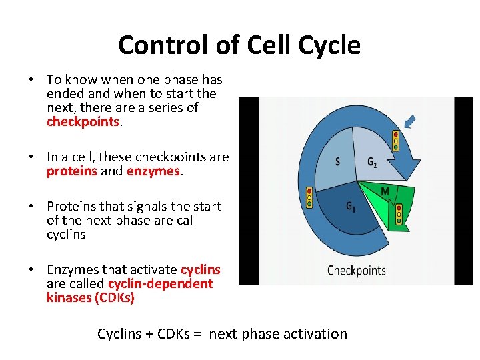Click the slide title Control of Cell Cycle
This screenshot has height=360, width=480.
click(x=239, y=45)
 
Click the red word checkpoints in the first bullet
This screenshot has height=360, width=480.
click(x=83, y=122)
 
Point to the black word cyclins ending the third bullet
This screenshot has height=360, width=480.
click(x=66, y=235)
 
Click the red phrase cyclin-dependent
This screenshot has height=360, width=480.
click(x=160, y=284)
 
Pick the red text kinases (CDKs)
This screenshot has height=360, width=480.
click(x=91, y=298)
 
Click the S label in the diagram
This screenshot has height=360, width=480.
click(x=338, y=161)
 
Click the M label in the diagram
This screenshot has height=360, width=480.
click(x=385, y=191)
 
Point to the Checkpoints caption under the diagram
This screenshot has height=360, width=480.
click(x=357, y=271)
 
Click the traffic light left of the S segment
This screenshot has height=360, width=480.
click(x=309, y=197)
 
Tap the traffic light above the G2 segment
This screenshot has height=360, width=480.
click(x=395, y=141)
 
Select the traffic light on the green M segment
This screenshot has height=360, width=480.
click(x=399, y=213)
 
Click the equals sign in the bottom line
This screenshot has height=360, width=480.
click(x=198, y=334)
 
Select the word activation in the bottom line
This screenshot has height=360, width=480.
click(x=313, y=334)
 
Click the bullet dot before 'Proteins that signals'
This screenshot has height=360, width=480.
click(x=31, y=207)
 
